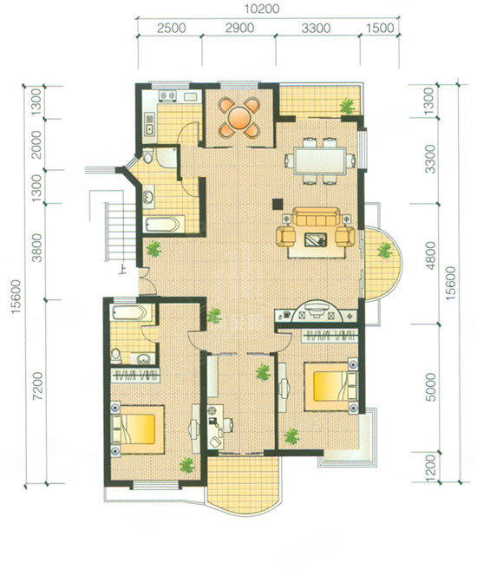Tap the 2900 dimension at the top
coord(239,29)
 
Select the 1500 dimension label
coord(380,29)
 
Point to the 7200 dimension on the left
coord(37,386)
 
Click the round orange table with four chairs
coord(239,117)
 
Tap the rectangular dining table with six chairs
coord(319,161)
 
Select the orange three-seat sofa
coord(316,217)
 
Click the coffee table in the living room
coord(316,239)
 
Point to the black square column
coord(278,204)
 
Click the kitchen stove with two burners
coord(167,95)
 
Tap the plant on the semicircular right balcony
coord(384,251)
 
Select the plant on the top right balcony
coord(348,106)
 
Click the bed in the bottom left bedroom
coord(138,428)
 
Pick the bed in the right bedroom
coord(331,386)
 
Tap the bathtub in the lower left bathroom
coord(128,312)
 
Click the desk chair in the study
coord(228,425)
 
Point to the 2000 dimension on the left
coord(36,144)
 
